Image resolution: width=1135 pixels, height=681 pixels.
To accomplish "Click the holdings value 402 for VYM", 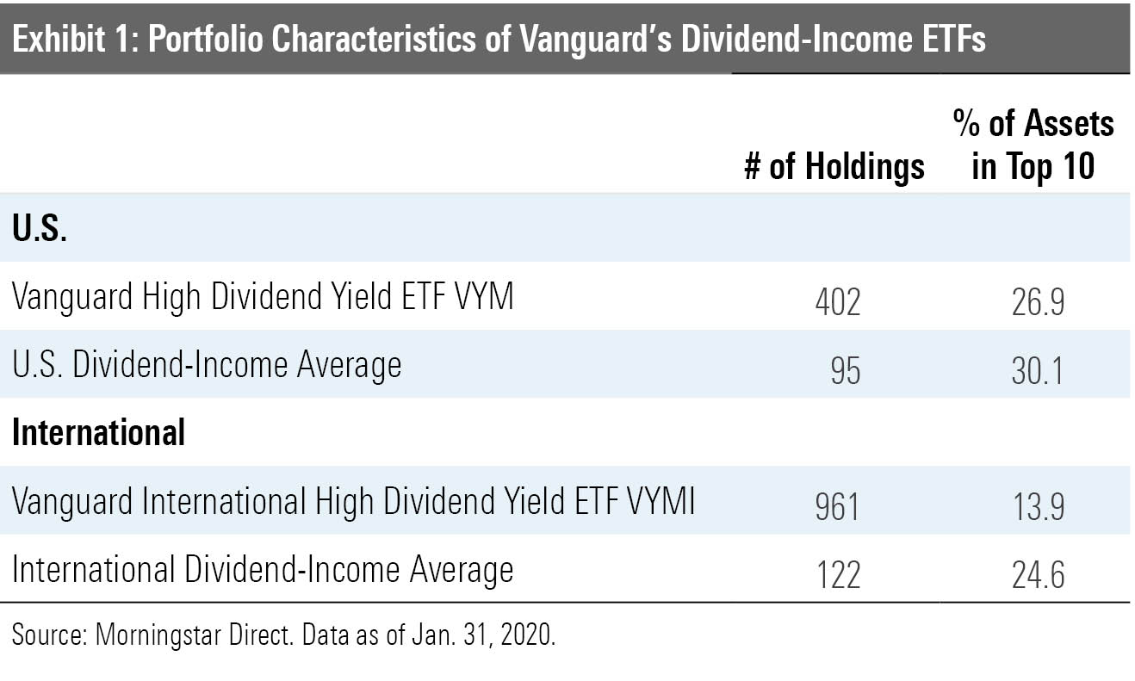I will click(837, 302).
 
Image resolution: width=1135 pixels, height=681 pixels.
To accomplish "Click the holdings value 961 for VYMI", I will click(837, 507).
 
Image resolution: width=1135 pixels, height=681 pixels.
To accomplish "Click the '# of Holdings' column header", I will click(834, 166).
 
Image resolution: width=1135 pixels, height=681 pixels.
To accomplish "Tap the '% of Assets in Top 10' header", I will click(1033, 145).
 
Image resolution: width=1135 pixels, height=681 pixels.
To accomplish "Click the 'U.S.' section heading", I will click(40, 230).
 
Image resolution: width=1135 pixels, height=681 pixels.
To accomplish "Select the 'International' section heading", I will click(99, 432).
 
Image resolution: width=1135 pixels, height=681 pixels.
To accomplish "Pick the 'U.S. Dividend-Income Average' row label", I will click(207, 366).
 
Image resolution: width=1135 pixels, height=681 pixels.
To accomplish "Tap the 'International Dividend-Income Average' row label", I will click(263, 571).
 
